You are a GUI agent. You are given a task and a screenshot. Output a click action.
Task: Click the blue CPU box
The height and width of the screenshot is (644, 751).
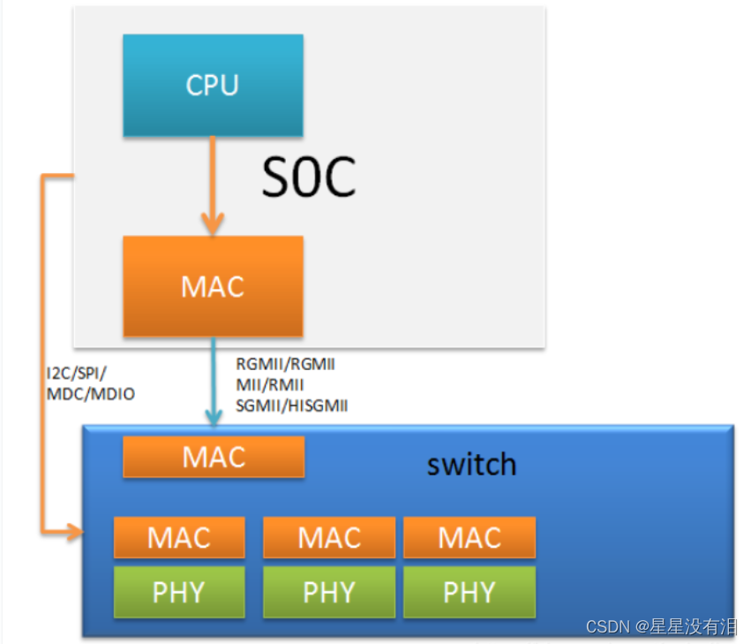coord(213,85)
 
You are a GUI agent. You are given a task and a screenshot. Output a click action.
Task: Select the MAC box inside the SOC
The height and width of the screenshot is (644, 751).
coord(213,286)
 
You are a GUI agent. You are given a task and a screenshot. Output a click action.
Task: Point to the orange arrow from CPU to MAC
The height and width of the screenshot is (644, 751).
coord(213,186)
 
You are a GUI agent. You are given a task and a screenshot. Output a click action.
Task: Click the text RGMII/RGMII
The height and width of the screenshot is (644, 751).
coord(285,364)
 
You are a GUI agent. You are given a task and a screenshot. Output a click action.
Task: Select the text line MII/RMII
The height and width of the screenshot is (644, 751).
coord(269,384)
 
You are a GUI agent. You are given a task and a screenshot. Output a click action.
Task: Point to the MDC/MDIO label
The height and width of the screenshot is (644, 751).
coord(90,394)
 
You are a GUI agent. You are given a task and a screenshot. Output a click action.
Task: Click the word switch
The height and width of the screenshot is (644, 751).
coord(471,464)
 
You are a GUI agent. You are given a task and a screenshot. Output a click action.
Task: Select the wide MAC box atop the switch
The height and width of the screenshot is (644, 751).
coord(214,457)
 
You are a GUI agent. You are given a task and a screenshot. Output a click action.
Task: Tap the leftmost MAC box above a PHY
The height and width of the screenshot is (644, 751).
coord(179,537)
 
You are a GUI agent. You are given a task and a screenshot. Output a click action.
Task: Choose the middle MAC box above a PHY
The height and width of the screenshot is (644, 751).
coord(329,537)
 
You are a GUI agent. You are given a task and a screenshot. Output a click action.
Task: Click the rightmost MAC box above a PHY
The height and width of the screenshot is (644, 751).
coord(469,537)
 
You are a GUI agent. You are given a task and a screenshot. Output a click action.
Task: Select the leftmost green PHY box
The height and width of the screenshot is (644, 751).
coord(179,592)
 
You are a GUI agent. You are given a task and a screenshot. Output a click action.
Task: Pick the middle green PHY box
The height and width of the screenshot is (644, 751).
coord(329,592)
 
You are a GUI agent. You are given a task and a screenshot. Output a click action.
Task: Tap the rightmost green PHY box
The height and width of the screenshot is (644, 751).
coord(469,592)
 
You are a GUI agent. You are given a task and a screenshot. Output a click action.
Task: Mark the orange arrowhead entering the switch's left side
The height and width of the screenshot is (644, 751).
coord(74,532)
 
